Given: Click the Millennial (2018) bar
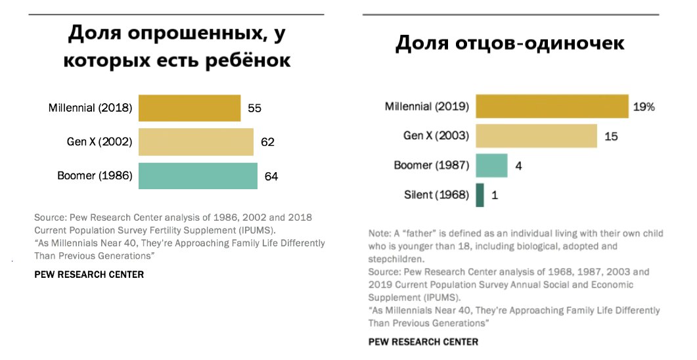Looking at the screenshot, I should (190, 108).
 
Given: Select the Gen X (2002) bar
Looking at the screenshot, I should (196, 142).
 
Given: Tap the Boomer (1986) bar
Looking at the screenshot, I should (198, 175).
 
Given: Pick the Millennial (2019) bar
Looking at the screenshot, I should (552, 106).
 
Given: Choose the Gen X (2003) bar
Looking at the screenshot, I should (536, 136).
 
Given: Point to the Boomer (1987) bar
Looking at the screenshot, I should (491, 166).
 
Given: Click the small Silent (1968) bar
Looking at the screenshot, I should (480, 195).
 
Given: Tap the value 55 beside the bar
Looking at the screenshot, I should (255, 108).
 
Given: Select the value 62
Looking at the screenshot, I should (267, 142).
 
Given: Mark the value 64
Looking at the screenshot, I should (271, 175).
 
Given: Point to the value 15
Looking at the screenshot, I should (612, 137).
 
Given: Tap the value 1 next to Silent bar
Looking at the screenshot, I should (494, 196).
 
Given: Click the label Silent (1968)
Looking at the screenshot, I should (436, 195).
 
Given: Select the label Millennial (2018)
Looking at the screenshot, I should (91, 108).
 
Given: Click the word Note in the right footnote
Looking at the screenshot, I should (378, 234).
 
